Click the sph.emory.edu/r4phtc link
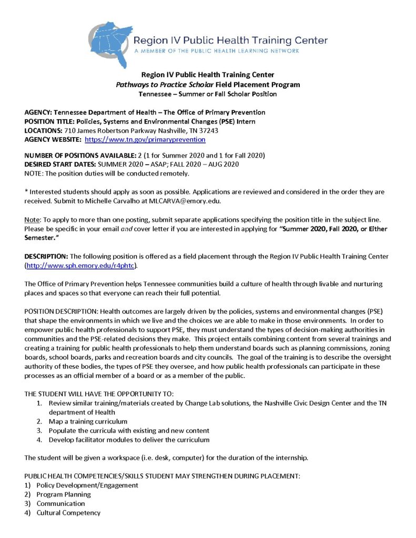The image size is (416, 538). pyautogui.click(x=81, y=266)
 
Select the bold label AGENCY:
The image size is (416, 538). pyautogui.click(x=40, y=112)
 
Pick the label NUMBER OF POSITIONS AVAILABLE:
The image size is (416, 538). pyautogui.click(x=82, y=156)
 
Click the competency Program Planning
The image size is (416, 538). pyautogui.click(x=64, y=494)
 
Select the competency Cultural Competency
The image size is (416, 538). pyautogui.click(x=68, y=513)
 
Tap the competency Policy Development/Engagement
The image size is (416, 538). pyautogui.click(x=87, y=485)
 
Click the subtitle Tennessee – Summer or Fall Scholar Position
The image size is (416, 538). pyautogui.click(x=207, y=94)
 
